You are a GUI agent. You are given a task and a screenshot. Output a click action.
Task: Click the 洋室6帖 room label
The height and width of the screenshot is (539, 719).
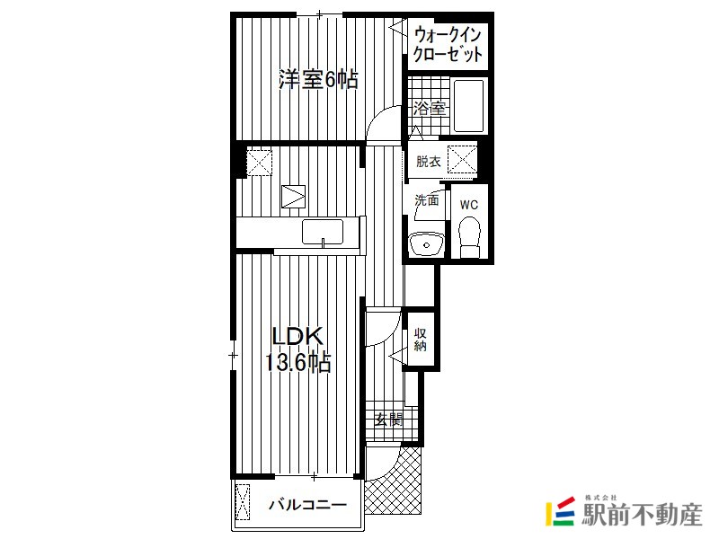[318, 79]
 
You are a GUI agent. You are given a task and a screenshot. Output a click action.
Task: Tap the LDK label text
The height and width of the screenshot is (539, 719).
[297, 337]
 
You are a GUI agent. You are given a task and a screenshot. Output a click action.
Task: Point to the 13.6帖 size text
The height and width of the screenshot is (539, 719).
[297, 363]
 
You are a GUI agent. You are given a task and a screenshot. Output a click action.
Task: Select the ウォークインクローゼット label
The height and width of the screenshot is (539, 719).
[448, 44]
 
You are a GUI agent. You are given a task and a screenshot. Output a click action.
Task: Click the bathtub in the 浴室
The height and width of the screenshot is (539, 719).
[468, 106]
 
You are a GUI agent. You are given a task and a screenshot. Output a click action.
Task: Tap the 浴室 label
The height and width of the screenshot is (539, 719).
[430, 109]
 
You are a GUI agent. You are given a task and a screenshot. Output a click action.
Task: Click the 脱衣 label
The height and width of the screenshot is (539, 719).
[429, 162]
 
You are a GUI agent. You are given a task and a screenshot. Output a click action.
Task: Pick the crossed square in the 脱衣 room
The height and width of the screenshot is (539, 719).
[462, 159]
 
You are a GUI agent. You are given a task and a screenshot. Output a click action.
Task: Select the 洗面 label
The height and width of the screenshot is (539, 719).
[426, 200]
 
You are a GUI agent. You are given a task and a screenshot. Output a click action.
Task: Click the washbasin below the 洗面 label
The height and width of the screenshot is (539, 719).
[426, 244]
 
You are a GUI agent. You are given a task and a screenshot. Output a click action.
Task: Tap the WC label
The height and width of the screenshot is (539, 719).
[468, 205]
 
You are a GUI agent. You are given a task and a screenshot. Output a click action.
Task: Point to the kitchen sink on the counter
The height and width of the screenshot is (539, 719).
[323, 232]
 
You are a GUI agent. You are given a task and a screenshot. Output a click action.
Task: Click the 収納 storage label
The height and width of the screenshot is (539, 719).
[420, 340]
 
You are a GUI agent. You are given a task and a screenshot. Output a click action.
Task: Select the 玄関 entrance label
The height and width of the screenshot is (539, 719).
[388, 419]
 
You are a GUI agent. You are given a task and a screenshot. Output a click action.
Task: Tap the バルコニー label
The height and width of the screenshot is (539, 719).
[307, 505]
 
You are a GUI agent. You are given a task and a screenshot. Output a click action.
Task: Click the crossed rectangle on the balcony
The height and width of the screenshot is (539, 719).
[242, 502]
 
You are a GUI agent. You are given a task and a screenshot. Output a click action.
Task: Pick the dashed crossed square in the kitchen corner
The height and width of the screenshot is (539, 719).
[260, 161]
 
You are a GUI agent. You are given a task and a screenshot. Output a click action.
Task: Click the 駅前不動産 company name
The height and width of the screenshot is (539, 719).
[642, 514]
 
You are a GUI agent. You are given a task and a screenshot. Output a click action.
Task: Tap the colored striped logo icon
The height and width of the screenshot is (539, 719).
[560, 511]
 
